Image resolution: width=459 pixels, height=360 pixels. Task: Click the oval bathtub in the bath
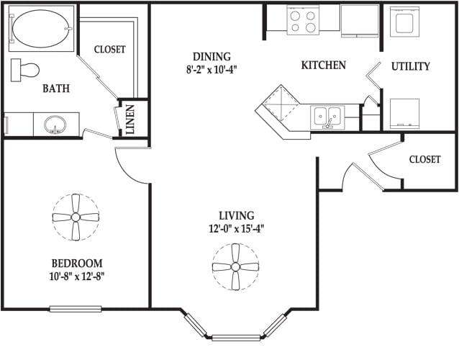coord(41,29)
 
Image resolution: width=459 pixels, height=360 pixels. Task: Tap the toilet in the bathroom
coord(25,70)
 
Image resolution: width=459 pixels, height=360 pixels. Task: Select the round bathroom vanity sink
coord(55,125)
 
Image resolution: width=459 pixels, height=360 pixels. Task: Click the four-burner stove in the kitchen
coord(303,20)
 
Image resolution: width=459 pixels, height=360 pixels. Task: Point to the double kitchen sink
coord(327,117)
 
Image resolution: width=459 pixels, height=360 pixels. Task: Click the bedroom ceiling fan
coord(76,217)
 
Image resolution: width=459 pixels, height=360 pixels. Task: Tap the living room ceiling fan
coord(235,267)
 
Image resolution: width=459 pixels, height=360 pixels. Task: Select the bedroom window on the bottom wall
coord(76,309)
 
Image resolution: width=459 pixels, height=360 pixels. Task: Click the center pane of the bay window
coord(236,338)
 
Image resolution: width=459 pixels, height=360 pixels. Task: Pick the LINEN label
coord(130,120)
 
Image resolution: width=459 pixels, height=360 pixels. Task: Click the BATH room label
coord(56,88)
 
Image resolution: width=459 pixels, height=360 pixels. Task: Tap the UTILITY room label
coord(411,66)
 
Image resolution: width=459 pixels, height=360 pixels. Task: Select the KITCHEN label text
coord(324,65)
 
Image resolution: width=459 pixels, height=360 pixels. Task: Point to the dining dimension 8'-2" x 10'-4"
coord(212,70)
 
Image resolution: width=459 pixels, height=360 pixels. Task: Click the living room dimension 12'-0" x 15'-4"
coord(237,228)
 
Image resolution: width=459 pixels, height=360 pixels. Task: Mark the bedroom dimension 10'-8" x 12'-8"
coord(77,276)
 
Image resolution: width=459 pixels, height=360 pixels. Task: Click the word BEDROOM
coord(77,264)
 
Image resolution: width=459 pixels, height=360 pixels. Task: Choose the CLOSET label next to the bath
coord(110,49)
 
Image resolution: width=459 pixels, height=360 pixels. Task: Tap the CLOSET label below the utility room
coord(424,159)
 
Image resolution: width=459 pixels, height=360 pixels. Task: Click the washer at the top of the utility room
coord(404,22)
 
